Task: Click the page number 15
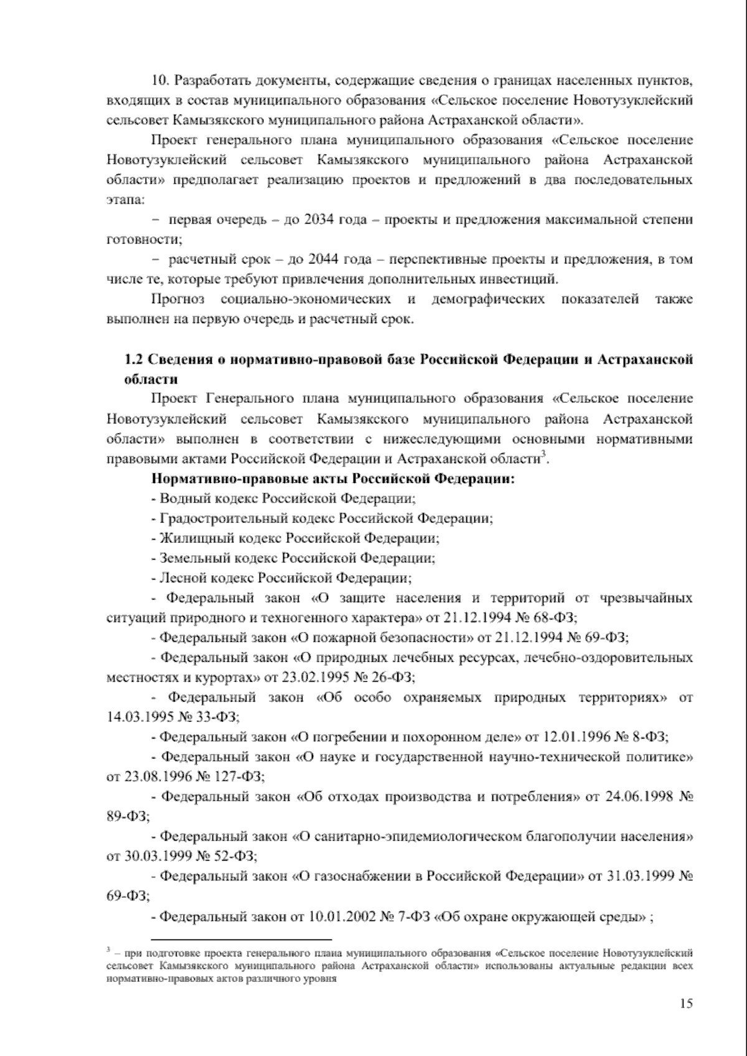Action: pos(686,1003)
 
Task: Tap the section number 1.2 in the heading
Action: pos(135,360)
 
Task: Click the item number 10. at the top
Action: pos(161,81)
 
